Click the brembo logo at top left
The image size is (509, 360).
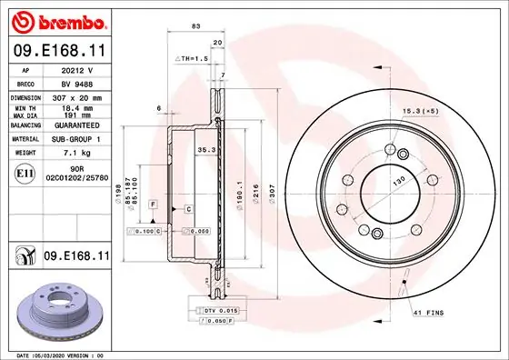(56, 19)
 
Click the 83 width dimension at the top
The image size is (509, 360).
(195, 27)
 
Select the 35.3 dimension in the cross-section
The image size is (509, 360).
(205, 151)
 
